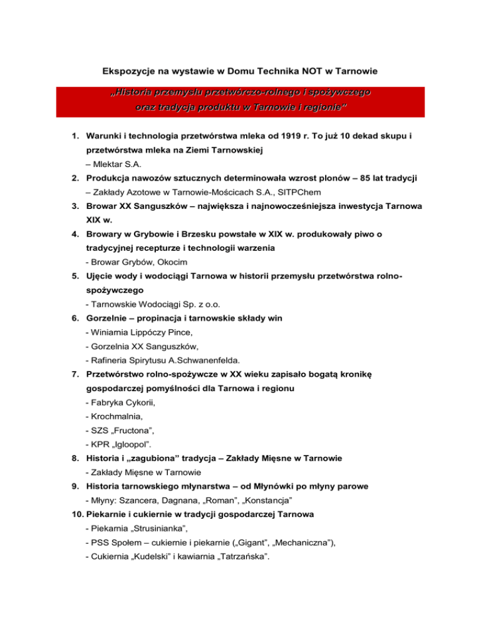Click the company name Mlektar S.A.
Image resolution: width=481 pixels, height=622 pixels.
[x=117, y=165]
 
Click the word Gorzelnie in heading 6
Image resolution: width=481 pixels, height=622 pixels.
[x=111, y=318]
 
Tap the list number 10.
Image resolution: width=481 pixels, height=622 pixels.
[x=73, y=514]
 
